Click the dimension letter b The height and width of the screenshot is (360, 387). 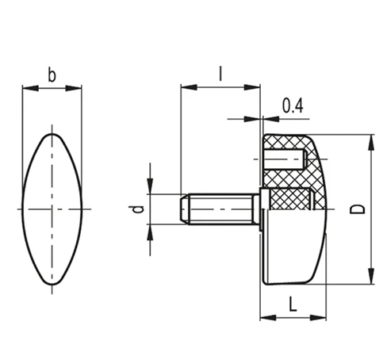[x=52, y=76]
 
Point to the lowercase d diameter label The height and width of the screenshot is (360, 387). [x=138, y=209]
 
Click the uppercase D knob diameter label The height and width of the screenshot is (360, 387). [x=358, y=209]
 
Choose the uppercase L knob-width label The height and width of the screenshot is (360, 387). [x=293, y=304]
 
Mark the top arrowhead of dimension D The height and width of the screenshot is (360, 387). [x=370, y=139]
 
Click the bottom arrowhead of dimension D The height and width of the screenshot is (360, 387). [x=370, y=278]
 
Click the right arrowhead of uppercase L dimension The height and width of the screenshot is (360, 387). [x=321, y=318]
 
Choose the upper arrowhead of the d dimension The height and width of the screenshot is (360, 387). [x=148, y=189]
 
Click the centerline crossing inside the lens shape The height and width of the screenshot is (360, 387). [x=52, y=209]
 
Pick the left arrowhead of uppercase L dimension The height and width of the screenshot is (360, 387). [x=266, y=318]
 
